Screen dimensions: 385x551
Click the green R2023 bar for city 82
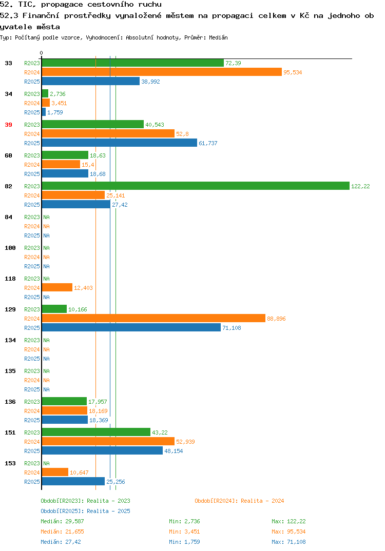click(x=196, y=186)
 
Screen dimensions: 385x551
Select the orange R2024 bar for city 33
click(x=162, y=72)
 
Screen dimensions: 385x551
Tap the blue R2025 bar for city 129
click(x=131, y=327)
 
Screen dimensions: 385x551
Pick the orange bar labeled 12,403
click(x=57, y=287)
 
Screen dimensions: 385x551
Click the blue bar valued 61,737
click(x=120, y=143)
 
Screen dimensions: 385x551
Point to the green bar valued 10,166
click(x=54, y=309)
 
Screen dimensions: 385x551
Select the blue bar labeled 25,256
click(x=73, y=481)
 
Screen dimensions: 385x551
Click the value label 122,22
click(x=360, y=186)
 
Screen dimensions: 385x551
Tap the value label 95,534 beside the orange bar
click(x=293, y=72)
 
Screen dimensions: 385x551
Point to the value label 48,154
click(x=174, y=451)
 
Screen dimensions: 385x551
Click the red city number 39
click(x=8, y=125)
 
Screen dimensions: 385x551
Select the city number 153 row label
click(x=10, y=463)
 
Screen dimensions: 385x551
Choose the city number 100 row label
click(x=10, y=248)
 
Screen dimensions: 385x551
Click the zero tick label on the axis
click(x=42, y=53)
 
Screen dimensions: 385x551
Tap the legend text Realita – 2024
click(x=262, y=501)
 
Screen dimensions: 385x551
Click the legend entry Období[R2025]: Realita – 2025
click(x=85, y=511)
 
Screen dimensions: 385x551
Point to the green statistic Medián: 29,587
click(x=62, y=521)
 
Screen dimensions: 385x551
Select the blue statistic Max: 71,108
click(x=288, y=542)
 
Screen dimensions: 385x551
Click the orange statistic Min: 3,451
click(x=184, y=532)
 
